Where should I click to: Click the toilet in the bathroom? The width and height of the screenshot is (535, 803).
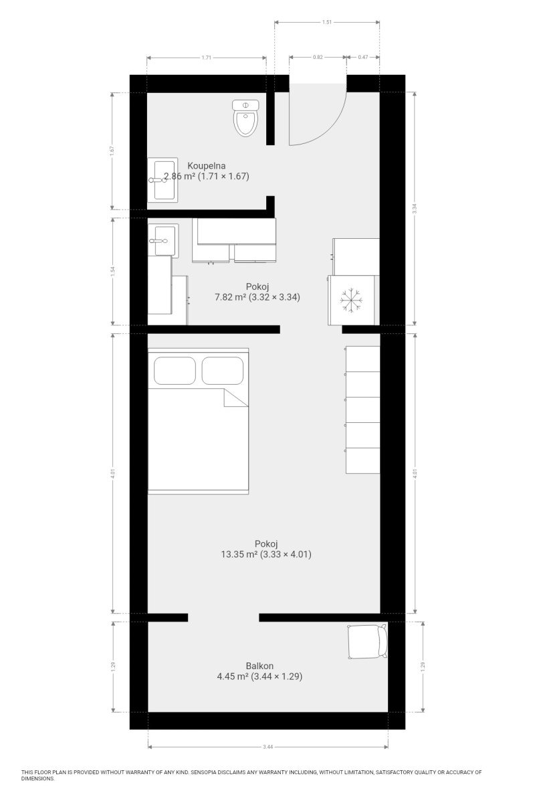[245, 118]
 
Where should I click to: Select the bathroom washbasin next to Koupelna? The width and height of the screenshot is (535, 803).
[163, 180]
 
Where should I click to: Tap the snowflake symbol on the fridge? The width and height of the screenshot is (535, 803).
[351, 300]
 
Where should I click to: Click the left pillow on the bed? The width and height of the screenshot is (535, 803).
[175, 371]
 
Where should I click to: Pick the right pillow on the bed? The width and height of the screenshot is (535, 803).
[223, 371]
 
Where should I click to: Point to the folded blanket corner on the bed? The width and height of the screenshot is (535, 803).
[235, 398]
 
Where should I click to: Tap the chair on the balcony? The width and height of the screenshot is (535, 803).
[367, 642]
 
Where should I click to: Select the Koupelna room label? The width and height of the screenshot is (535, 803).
[207, 166]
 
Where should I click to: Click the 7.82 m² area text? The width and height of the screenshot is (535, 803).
[231, 297]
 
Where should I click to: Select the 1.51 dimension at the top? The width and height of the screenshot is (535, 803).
[327, 22]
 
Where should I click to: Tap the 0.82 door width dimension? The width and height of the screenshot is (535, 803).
[318, 57]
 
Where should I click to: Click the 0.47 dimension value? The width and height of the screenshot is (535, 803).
[363, 57]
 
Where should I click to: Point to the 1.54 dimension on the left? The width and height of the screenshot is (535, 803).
[112, 272]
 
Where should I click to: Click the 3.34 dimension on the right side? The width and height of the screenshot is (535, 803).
[415, 209]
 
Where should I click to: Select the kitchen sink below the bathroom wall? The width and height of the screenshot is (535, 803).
[163, 240]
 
